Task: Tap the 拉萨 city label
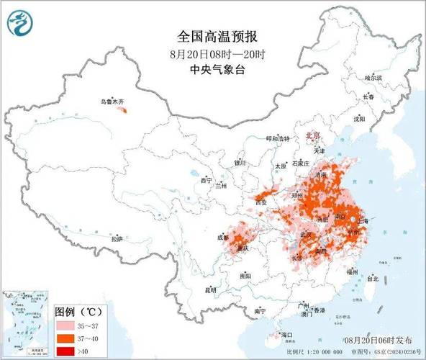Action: (116, 238)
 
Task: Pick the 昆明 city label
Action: (211, 289)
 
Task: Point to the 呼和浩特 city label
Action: (276, 138)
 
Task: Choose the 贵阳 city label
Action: (245, 276)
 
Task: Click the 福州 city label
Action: (352, 271)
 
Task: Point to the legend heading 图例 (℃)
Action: (78, 312)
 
